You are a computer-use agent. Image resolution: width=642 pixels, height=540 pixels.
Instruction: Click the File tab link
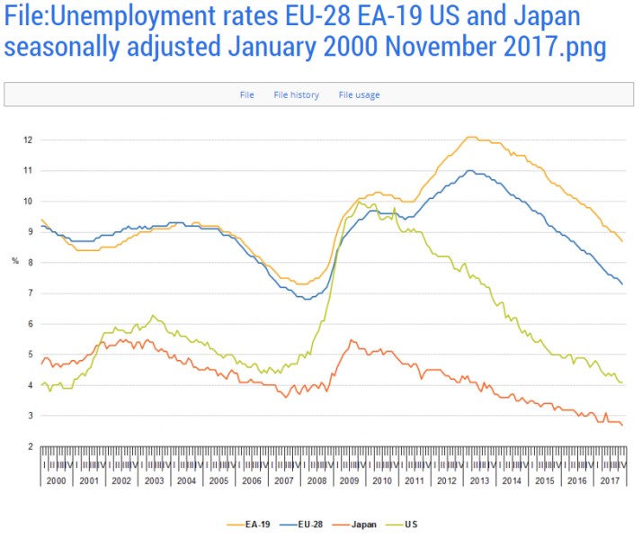(246, 94)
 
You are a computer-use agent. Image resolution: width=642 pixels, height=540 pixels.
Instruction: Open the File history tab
(296, 94)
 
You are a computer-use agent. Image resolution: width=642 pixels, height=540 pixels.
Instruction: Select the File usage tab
(359, 94)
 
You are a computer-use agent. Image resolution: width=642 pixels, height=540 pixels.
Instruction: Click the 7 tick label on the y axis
(30, 293)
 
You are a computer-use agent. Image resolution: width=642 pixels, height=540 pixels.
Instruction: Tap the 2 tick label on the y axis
(30, 446)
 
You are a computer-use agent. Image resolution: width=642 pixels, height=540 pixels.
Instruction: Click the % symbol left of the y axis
(14, 261)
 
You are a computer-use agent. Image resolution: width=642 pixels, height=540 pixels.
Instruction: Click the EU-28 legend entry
(305, 524)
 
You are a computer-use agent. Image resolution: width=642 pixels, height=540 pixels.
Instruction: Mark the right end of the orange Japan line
(622, 426)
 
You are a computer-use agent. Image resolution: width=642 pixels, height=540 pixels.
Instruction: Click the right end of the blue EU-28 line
(622, 284)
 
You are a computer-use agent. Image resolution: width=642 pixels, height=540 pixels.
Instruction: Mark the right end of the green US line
(622, 382)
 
